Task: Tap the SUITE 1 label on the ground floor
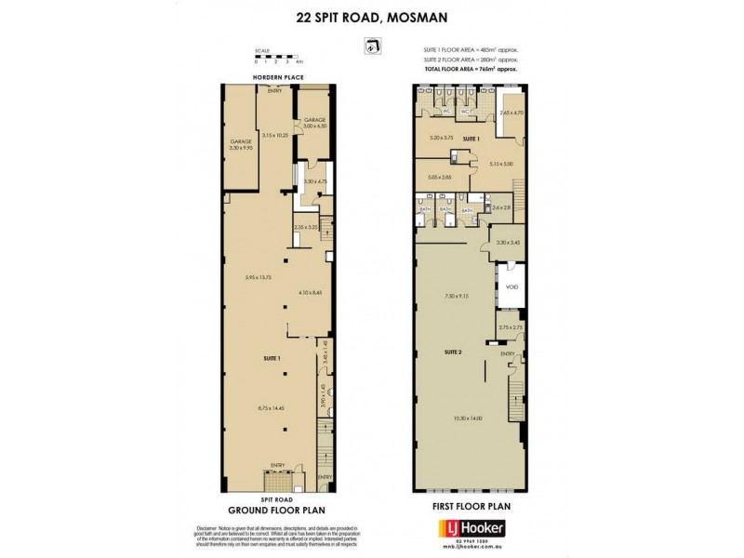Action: (272, 357)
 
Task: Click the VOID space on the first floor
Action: (511, 286)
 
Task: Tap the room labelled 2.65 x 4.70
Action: (512, 113)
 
